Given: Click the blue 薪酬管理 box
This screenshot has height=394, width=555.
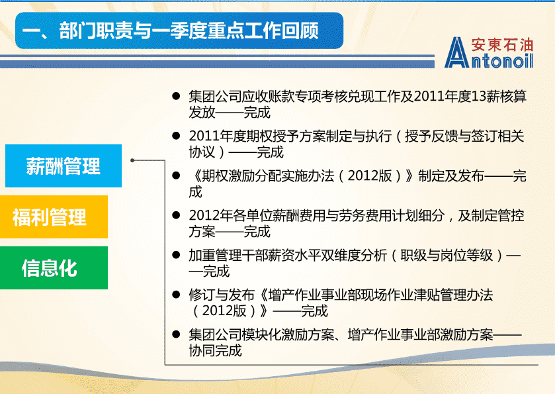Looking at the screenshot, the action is pos(64,166).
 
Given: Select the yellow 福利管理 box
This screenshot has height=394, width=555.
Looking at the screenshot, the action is pos(54,217).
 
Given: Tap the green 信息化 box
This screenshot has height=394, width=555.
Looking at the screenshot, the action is pos(54,268).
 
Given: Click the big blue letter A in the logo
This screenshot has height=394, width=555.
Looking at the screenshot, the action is pos(456,52).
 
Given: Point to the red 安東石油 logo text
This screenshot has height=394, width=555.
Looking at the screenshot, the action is pos(502,45).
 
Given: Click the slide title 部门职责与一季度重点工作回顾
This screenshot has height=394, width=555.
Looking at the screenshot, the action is pos(189,30).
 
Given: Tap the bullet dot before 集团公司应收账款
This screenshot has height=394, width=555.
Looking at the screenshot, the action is pos(176,96).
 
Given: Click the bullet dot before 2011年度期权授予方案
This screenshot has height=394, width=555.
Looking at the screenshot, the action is pos(176,136).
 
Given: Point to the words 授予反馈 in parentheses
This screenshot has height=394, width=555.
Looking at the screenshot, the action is pos(431,136).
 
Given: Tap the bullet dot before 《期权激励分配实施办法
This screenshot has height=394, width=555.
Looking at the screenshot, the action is pos(176,175).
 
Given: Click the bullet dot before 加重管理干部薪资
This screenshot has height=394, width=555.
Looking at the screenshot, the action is pos(176,255).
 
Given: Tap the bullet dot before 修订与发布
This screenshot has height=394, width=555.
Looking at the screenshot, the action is pos(176,295).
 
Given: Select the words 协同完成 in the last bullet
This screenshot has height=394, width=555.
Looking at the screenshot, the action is pos(215,350).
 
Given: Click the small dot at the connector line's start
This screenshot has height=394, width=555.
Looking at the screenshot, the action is pos(132,160).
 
